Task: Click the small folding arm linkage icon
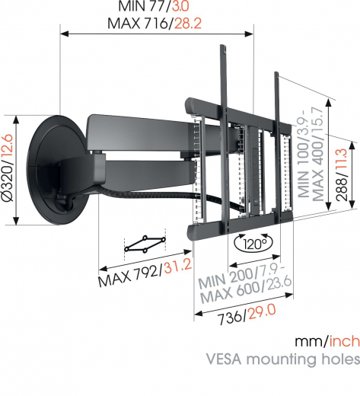click(x=145, y=244)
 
